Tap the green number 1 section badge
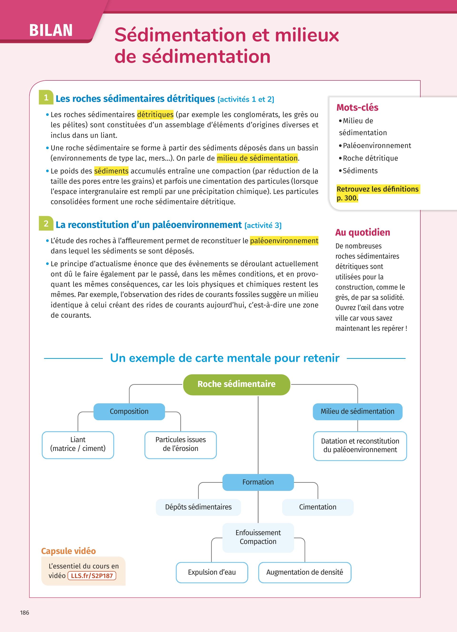[x=46, y=98]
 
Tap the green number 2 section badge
[x=46, y=223]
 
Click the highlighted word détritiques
[x=155, y=114]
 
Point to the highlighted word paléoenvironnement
[x=284, y=241]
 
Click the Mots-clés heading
[x=357, y=107]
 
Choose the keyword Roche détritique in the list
[x=370, y=158]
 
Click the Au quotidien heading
[x=363, y=232]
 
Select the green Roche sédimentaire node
[x=236, y=384]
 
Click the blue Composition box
[x=129, y=411]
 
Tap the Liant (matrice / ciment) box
[x=78, y=444]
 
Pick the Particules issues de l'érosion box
[x=181, y=444]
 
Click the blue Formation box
[x=258, y=482]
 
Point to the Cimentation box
[x=318, y=507]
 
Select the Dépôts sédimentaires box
[x=198, y=507]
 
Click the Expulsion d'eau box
[x=212, y=572]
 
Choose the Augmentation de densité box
[x=305, y=572]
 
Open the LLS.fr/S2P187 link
[x=92, y=576]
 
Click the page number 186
[x=25, y=612]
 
